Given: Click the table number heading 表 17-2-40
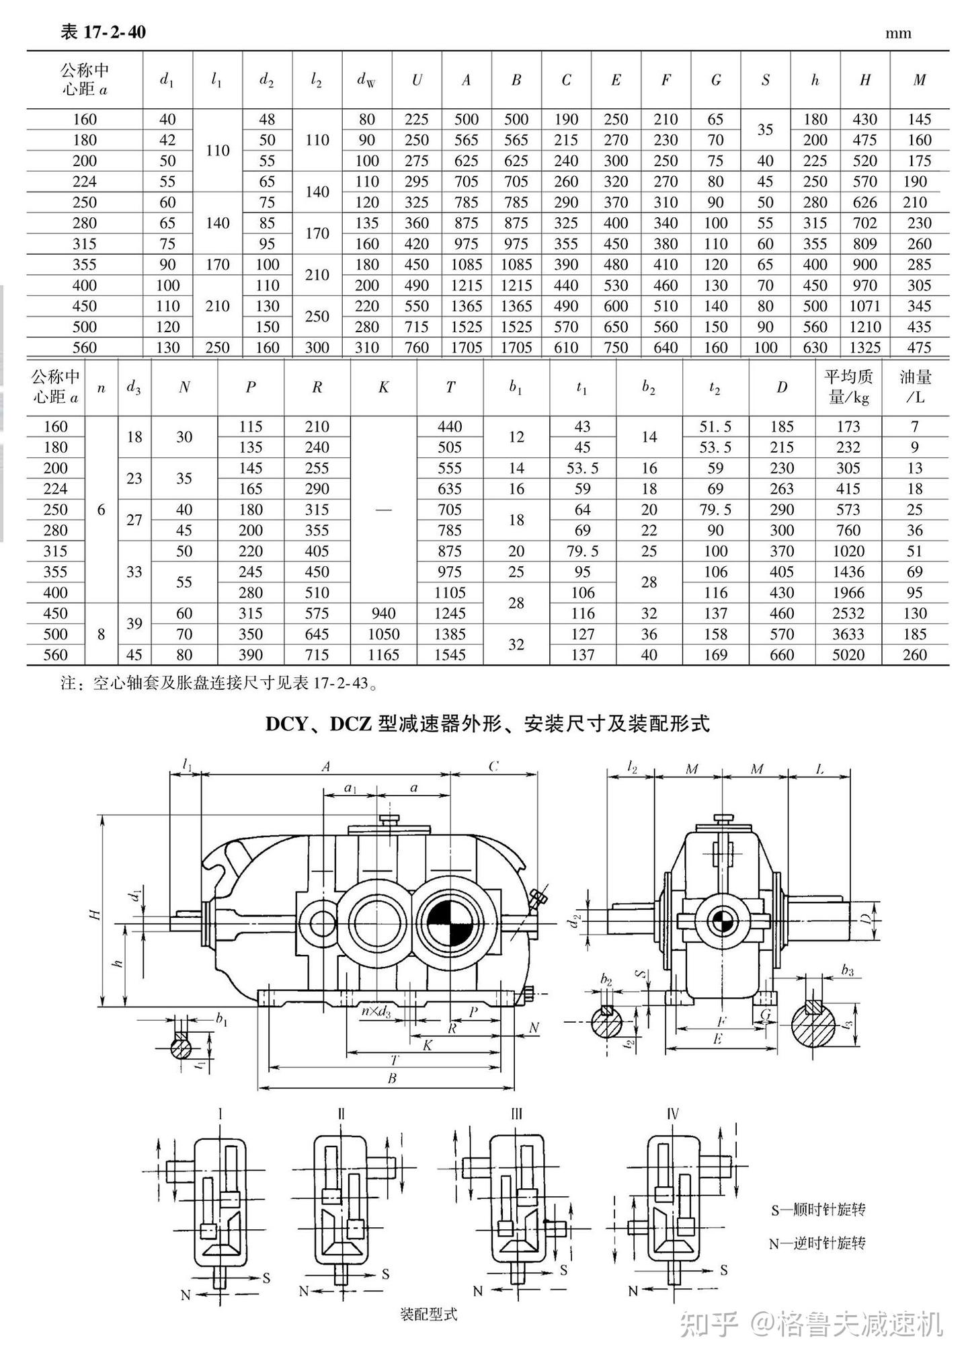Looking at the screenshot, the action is pos(103,32).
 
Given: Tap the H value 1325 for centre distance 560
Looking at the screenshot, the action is pos(864,348).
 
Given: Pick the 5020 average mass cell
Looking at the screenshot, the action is pos(848,655).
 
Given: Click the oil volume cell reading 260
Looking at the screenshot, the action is pos(915,655).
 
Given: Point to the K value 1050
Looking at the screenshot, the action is pos(383,634).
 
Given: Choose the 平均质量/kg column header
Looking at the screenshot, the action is pos(848,387).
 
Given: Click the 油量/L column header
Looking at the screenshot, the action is pos(915,387).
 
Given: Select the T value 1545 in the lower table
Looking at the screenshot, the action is pos(450,655).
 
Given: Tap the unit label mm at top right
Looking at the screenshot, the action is pos(898,34).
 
